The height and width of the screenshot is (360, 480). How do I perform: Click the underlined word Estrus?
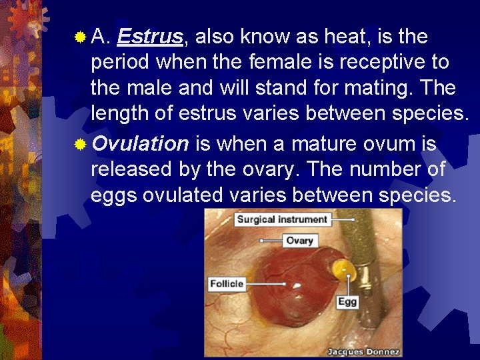pos(149,37)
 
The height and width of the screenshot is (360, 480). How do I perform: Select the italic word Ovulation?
pos(140,143)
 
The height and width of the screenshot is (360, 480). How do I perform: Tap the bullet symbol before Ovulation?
pos(80,144)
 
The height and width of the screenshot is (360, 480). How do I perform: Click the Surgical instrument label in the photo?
pos(282,219)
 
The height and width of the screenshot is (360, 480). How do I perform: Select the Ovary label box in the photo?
pos(299,241)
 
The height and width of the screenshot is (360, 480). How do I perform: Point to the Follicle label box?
pos(227,283)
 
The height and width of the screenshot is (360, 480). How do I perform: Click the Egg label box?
pos(347,301)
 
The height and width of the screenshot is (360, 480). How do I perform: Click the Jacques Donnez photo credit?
pos(363,351)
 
